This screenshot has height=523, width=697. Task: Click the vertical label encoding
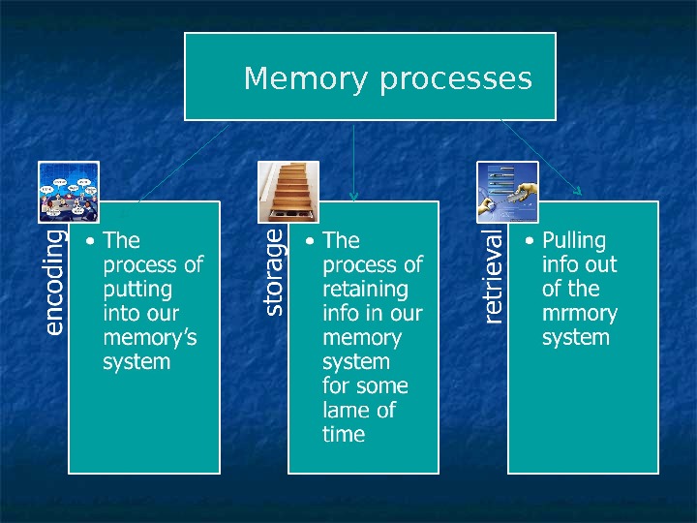[x=54, y=281]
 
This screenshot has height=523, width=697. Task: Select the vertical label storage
[x=274, y=272]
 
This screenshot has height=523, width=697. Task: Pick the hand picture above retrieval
[x=508, y=191]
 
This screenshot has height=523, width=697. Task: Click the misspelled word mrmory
[x=580, y=313]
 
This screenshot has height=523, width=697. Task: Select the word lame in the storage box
[x=346, y=410]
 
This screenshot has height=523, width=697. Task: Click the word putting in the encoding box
[x=137, y=289]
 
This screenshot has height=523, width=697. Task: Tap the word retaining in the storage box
[x=365, y=289]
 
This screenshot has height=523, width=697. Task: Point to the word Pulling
[x=574, y=240]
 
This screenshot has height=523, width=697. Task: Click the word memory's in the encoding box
[x=149, y=337]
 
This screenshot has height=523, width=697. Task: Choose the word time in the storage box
[x=344, y=434]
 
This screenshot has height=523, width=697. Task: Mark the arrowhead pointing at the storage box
[x=354, y=196]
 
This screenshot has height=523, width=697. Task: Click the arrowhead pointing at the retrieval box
[x=577, y=191]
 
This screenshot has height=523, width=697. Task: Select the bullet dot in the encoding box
[x=90, y=241]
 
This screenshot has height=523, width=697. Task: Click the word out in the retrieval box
[x=600, y=264]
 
